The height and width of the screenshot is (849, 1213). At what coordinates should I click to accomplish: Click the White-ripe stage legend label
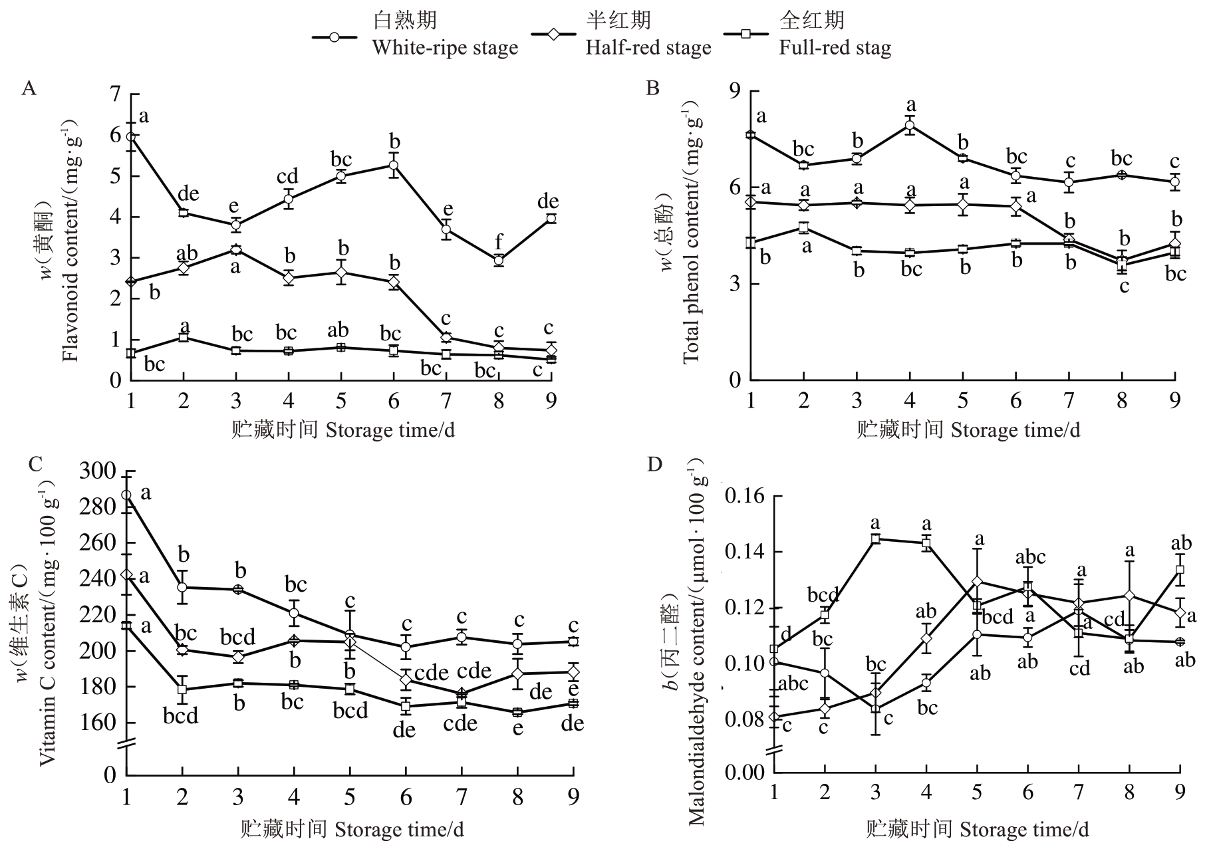coord(444,48)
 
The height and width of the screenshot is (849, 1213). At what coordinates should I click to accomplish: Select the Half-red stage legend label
coord(648,48)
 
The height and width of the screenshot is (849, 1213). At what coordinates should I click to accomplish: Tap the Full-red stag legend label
coord(835,48)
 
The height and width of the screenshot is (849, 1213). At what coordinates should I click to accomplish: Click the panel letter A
coord(28,88)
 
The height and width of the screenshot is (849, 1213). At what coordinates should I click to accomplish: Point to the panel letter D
coord(654,464)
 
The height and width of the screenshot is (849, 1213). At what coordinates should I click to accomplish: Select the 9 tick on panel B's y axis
coord(736,90)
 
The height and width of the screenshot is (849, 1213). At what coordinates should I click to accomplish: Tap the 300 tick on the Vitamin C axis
coord(98,471)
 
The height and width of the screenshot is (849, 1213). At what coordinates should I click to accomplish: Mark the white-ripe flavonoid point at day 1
coord(131,137)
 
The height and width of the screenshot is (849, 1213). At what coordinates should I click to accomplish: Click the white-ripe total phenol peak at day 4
coord(910,126)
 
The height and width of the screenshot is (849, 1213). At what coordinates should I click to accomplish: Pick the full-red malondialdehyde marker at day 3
coord(876,539)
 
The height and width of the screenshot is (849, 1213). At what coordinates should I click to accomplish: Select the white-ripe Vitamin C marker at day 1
coord(126,495)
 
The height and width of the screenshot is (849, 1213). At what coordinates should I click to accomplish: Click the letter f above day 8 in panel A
coord(499,242)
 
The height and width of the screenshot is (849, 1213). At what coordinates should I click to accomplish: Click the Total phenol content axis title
coord(692,239)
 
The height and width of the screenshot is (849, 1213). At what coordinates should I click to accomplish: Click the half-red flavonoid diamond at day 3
coord(235,250)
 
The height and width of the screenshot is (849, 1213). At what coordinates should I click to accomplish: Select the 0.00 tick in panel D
coord(745,773)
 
